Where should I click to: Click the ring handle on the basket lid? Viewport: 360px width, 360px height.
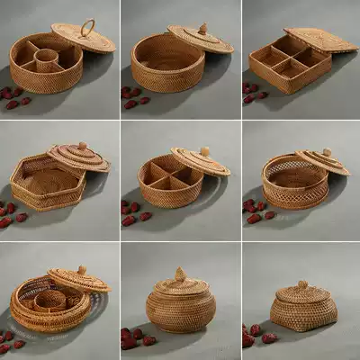click(x=87, y=27)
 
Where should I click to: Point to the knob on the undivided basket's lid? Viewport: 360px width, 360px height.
click(x=202, y=29)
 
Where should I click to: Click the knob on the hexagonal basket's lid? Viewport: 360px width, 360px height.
click(x=82, y=146)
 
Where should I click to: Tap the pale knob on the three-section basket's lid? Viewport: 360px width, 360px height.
click(x=204, y=151)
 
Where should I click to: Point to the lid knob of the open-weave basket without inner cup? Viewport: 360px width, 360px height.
click(x=326, y=153)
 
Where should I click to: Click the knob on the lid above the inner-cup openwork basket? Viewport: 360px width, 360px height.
click(x=82, y=269)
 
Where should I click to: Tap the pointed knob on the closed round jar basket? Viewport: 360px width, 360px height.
click(x=180, y=273)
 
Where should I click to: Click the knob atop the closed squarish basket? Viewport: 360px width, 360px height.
click(x=302, y=285)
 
